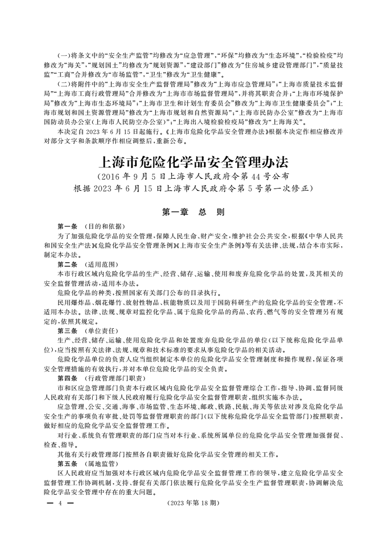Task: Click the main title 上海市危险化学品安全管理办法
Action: [193, 162]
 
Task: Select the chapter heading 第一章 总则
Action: [193, 212]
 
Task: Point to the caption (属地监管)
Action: [101, 463]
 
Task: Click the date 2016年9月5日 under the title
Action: [138, 176]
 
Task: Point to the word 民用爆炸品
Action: [72, 302]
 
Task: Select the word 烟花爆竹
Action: [104, 302]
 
